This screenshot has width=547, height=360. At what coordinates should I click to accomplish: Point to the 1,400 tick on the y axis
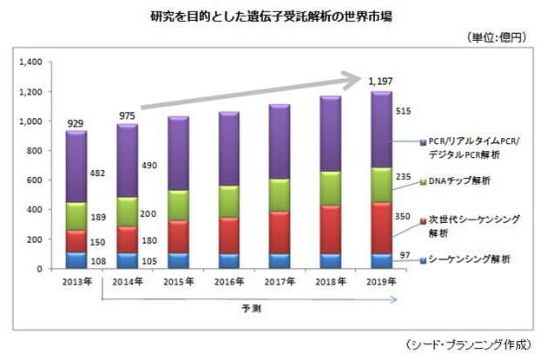pyautogui.click(x=29, y=62)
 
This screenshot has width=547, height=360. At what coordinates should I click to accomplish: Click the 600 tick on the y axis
pyautogui.click(x=35, y=180)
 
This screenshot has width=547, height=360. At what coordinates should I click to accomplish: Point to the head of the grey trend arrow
pyautogui.click(x=357, y=81)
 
